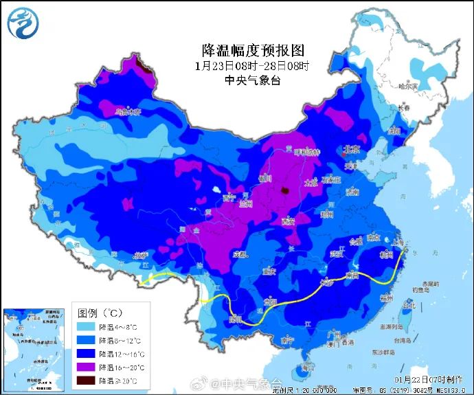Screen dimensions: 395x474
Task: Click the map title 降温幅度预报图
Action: tap(251, 50)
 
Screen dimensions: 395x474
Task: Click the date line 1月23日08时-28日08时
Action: tap(251, 66)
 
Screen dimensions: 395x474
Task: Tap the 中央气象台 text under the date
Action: tap(251, 80)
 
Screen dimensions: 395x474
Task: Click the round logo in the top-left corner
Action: tap(23, 23)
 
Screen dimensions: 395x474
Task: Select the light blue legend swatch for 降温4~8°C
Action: tap(85, 327)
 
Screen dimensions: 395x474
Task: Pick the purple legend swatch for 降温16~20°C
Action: tap(85, 367)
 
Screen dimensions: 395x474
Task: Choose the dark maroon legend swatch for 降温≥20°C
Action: tap(85, 380)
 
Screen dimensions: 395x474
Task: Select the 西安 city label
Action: tap(288, 221)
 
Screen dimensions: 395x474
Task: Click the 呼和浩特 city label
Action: tap(307, 152)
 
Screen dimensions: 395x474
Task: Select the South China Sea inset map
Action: tap(34, 346)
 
